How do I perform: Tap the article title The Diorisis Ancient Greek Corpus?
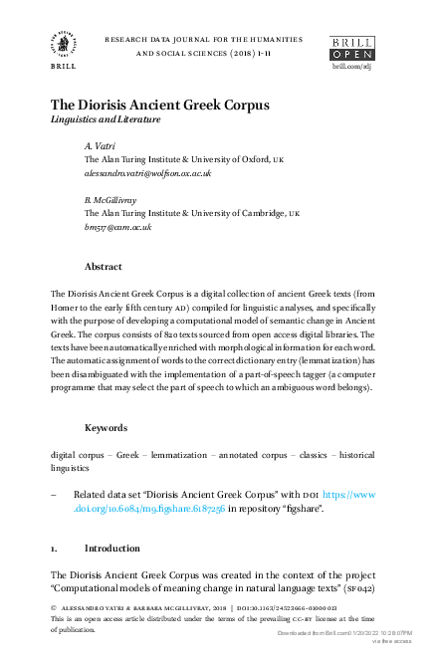160,104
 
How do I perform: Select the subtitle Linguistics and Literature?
106,119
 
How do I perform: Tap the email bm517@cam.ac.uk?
117,226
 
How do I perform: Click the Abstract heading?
103,267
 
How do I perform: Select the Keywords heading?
106,427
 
